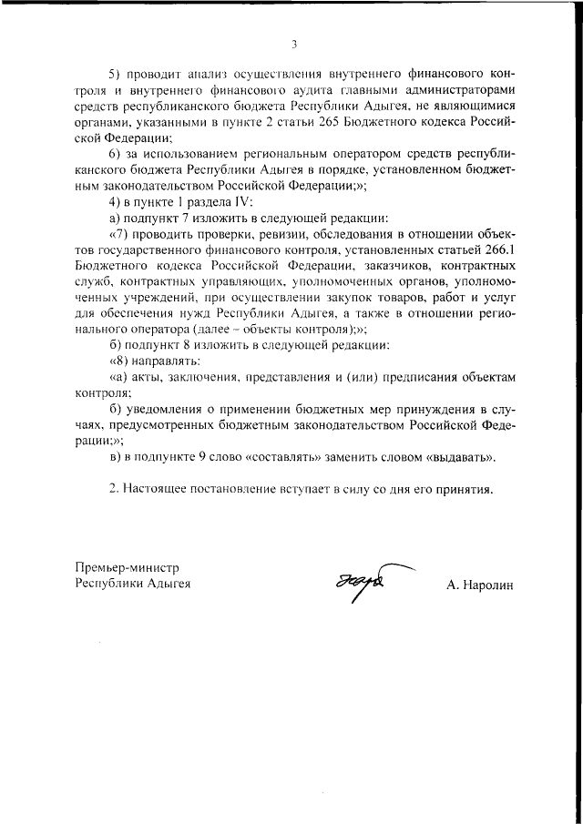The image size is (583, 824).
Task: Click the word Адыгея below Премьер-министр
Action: click(x=169, y=585)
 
